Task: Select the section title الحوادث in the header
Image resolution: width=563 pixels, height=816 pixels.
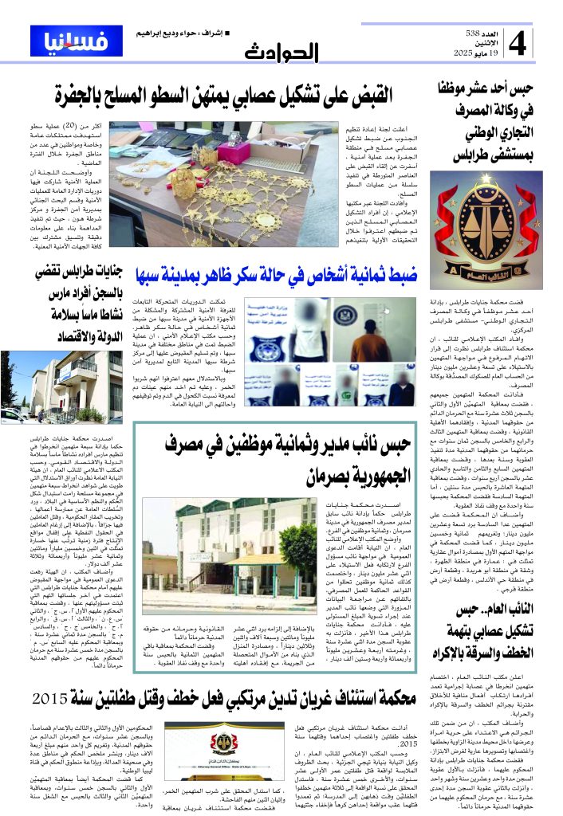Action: (281, 53)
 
